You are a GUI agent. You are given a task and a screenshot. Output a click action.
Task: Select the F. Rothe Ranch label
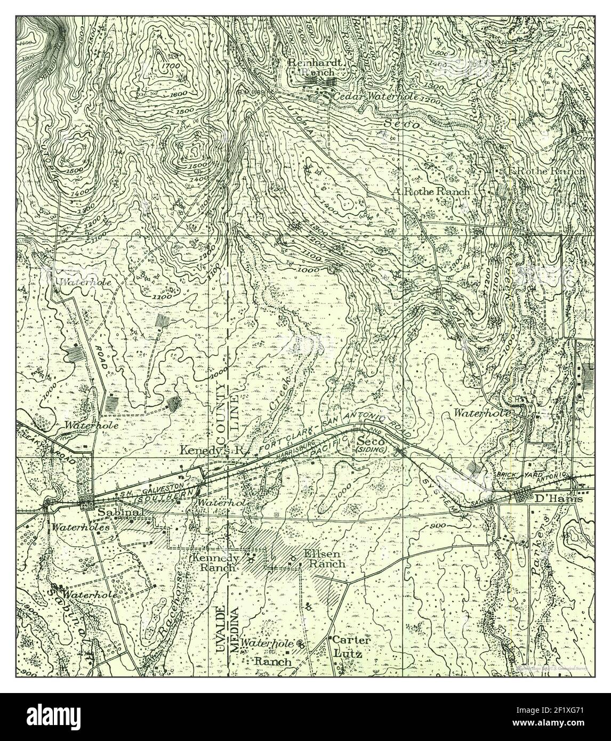tap(546, 172)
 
